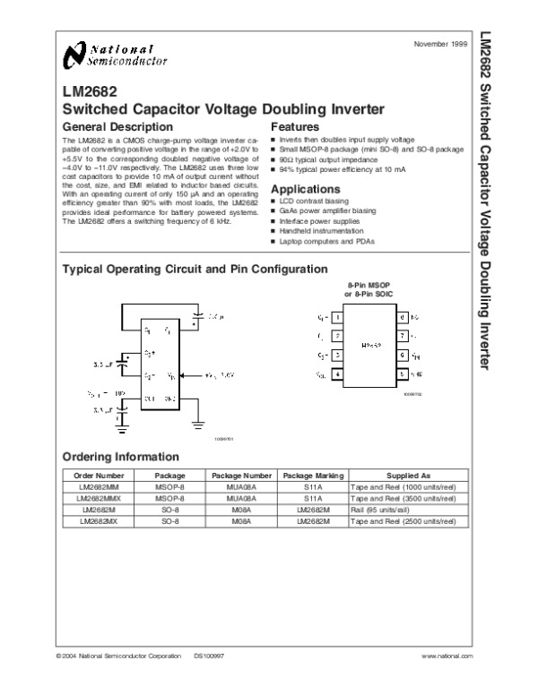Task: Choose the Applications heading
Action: coord(306,189)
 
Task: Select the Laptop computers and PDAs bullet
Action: coord(327,242)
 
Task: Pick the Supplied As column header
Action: coord(408,476)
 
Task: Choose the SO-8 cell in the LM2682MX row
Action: coord(170,520)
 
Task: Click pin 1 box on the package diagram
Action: coord(336,318)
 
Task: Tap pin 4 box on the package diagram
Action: coord(336,373)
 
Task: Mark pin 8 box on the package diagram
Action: coord(404,318)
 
